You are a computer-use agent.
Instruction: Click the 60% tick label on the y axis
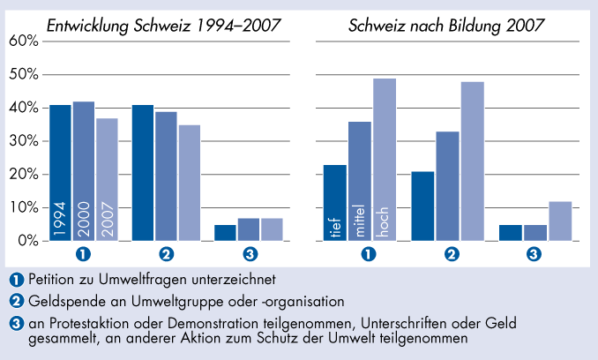coord(23,41)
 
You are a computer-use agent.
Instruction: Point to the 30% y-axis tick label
coord(23,141)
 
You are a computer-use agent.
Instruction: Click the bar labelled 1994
coord(60,173)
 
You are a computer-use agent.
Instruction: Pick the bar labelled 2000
coord(84,171)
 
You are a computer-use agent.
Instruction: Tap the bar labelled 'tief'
coord(335,203)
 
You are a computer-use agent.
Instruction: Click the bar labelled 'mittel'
coord(359,181)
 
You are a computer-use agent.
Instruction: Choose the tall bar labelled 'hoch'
coord(385,160)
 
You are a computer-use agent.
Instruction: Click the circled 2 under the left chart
coord(166,255)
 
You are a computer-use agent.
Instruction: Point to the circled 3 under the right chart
coord(534,255)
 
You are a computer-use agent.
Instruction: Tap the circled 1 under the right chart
coord(370,255)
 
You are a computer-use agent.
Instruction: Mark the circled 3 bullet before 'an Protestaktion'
coord(17,323)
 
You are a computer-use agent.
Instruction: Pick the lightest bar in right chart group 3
coord(560,221)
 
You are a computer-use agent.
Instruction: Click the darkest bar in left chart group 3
coord(226,232)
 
